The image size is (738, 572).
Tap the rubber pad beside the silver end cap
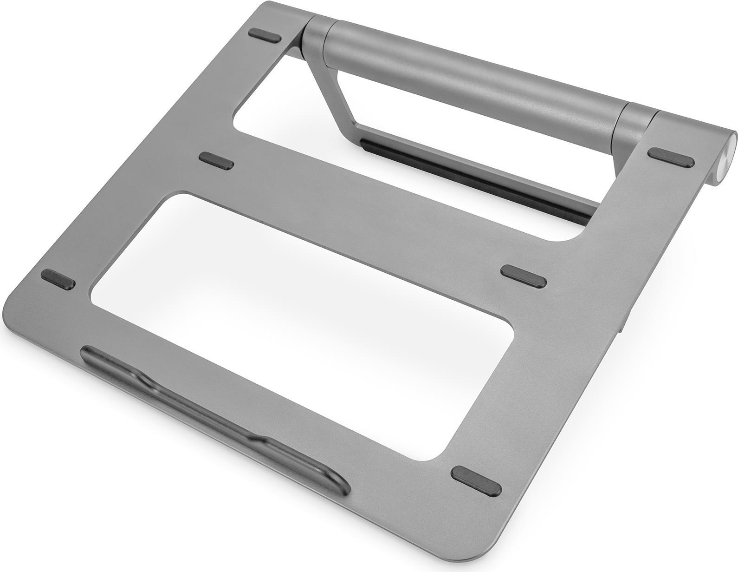point(672,157)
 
